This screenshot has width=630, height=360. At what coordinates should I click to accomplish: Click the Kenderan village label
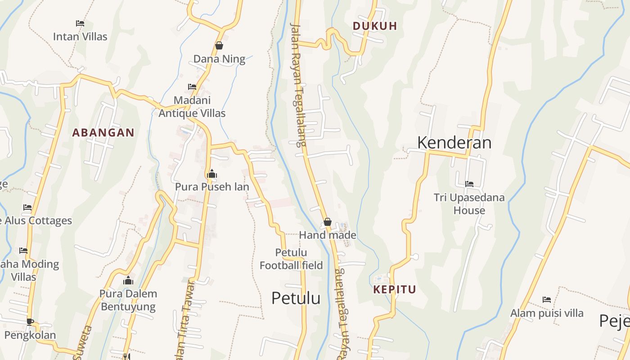[454, 143]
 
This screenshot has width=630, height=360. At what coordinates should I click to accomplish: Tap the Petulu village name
[296, 298]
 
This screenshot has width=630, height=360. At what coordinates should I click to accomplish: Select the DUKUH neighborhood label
[375, 26]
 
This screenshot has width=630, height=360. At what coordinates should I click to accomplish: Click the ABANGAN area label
[103, 133]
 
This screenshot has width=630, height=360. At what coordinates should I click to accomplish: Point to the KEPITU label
[395, 289]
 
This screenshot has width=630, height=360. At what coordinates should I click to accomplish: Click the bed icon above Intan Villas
[80, 23]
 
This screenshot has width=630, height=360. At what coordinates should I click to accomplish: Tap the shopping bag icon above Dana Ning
[219, 45]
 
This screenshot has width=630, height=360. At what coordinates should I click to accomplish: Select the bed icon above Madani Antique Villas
[192, 86]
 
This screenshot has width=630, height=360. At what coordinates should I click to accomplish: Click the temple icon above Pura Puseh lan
[212, 174]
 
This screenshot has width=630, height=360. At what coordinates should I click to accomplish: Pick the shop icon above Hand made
[328, 222]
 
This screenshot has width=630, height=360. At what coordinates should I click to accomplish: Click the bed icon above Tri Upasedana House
[469, 184]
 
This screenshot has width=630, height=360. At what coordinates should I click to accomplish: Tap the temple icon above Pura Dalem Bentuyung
[128, 281]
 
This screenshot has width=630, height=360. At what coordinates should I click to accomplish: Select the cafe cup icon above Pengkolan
[30, 321]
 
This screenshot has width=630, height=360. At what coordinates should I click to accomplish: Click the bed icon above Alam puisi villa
[547, 299]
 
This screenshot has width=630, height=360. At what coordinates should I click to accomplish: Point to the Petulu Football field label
[291, 259]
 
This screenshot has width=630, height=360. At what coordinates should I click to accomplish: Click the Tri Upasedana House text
[469, 204]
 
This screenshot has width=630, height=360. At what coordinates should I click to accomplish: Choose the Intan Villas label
[80, 36]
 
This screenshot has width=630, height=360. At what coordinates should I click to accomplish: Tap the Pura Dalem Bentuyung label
[128, 300]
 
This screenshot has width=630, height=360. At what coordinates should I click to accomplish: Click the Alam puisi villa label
[547, 313]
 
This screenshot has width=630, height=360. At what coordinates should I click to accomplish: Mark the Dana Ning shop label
[219, 59]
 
